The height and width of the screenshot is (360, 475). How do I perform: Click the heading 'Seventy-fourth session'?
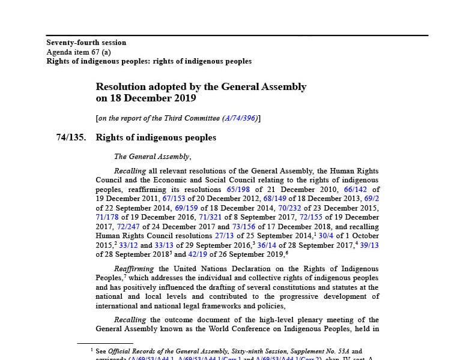[86, 43]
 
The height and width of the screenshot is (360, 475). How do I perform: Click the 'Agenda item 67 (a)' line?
[79, 52]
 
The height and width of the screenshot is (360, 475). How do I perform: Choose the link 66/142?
[355, 189]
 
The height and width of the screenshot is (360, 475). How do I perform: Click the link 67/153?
[174, 199]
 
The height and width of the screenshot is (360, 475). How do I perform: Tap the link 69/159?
[187, 208]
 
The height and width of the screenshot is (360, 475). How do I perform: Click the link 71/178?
[107, 217]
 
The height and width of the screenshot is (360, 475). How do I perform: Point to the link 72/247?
[128, 227]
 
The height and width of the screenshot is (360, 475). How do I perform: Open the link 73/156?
[244, 227]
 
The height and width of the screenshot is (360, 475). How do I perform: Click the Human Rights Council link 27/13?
[225, 236]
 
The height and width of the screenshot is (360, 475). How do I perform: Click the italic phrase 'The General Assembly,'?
[153, 157]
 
